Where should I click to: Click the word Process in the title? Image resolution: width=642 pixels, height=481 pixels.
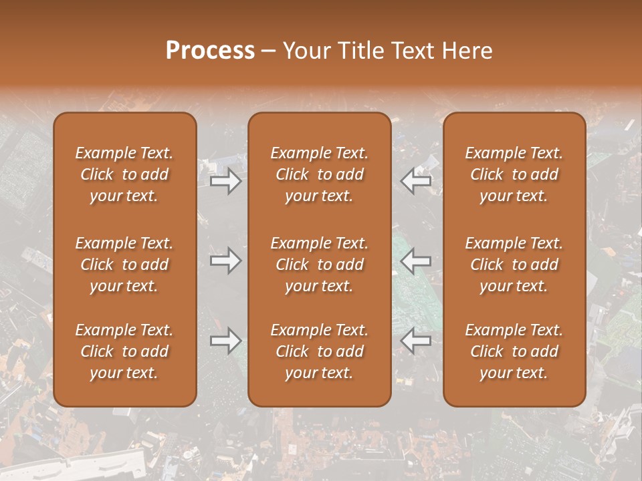[210, 51]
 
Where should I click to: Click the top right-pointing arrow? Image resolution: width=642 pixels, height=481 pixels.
[225, 181]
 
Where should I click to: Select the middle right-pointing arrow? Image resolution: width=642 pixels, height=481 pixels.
[225, 261]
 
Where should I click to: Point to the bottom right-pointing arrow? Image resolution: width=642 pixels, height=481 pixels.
[225, 341]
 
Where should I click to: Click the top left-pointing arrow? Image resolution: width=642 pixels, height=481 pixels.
[415, 181]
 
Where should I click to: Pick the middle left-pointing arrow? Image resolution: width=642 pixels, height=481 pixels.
[415, 261]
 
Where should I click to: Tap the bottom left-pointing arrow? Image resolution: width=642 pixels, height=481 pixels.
[415, 341]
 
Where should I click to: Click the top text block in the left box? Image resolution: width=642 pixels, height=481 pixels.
[124, 174]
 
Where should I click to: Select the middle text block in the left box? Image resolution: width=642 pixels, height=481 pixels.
[124, 265]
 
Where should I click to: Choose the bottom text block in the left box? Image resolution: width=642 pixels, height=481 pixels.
[124, 351]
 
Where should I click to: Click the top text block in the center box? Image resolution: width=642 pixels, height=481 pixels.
[319, 174]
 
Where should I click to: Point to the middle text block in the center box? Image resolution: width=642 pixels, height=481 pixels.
[319, 265]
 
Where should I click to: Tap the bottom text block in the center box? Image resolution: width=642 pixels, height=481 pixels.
[319, 351]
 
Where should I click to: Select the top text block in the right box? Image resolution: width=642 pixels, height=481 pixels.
[514, 174]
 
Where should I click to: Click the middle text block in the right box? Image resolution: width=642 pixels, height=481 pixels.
[514, 265]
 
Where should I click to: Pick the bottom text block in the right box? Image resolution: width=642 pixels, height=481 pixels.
[514, 351]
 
